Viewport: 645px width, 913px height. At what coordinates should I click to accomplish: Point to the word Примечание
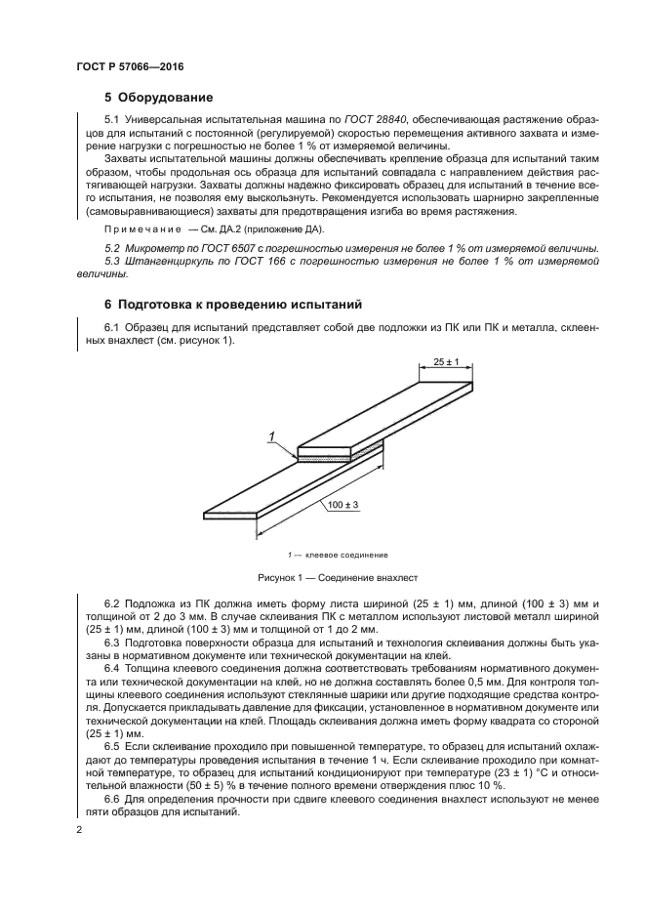[x=139, y=228]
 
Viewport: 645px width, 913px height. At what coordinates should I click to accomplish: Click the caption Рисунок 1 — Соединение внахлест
[x=337, y=577]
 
